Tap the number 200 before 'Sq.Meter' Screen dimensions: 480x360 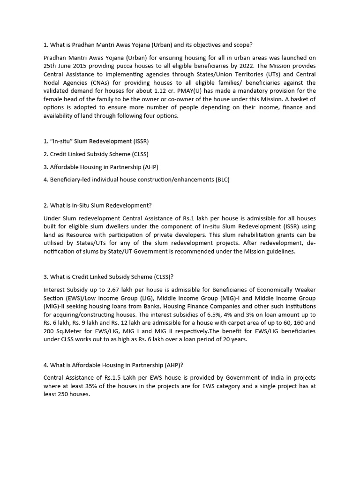coord(49,331)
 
